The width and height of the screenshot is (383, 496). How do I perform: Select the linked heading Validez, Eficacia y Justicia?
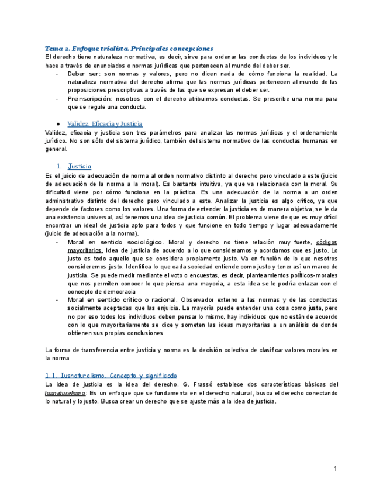click(x=105, y=124)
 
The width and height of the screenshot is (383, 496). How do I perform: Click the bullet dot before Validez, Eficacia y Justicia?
click(x=59, y=125)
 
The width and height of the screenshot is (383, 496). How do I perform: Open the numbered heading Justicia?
click(x=80, y=167)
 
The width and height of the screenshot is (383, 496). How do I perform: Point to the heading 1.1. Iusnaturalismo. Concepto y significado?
click(x=111, y=375)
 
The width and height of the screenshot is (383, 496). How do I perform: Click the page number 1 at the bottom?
click(x=336, y=469)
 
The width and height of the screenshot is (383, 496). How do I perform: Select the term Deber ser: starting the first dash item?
click(x=84, y=74)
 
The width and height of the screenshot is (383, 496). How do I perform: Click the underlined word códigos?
click(x=327, y=242)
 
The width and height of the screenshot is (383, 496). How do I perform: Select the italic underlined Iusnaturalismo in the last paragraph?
click(x=64, y=393)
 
